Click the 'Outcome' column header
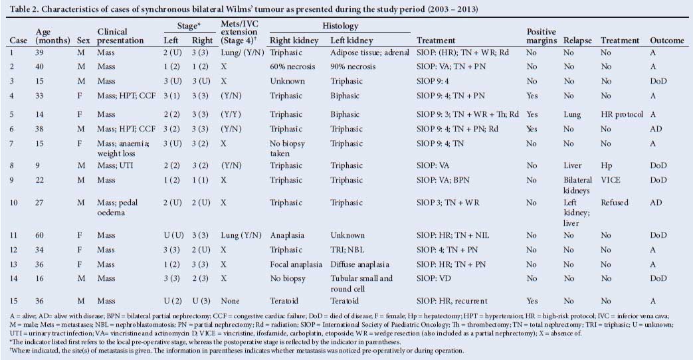pos(667,41)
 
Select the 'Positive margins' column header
pos(541,36)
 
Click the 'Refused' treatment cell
pos(614,203)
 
